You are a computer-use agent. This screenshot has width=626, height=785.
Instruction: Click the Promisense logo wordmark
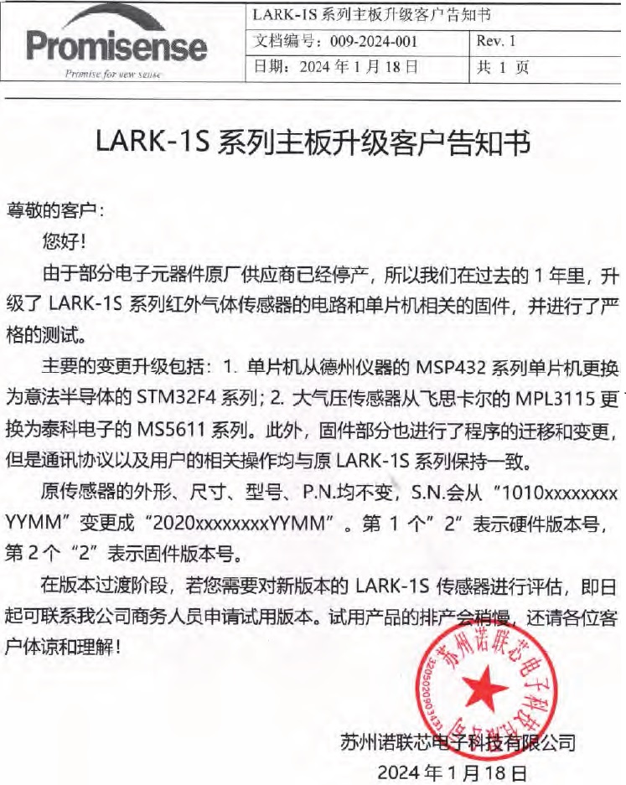coord(117,47)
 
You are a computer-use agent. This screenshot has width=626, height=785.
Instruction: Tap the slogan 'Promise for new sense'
coord(113,74)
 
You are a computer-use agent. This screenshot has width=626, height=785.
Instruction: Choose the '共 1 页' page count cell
coord(502,67)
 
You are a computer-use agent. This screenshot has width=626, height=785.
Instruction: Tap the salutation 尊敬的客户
coord(54,209)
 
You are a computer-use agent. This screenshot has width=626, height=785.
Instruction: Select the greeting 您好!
coord(64,242)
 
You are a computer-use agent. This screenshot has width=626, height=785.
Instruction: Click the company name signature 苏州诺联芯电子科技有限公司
coord(459,741)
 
